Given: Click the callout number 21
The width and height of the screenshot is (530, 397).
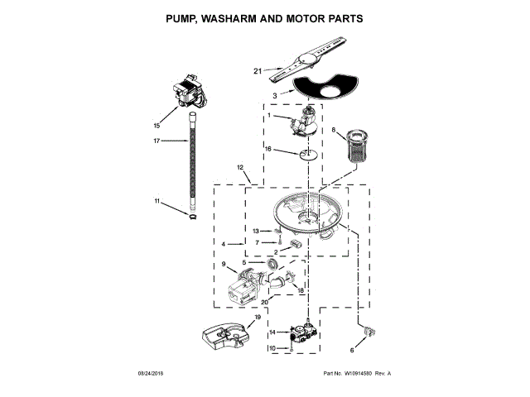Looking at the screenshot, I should (x=258, y=72).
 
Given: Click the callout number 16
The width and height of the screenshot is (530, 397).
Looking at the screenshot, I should (x=268, y=149).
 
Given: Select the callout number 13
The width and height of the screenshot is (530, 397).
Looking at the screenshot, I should (x=256, y=231).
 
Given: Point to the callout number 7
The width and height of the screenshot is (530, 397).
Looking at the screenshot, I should (x=258, y=242).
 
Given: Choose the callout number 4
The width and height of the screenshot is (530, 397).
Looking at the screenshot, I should (x=224, y=245).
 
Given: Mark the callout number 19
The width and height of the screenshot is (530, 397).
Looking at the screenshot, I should (x=258, y=317).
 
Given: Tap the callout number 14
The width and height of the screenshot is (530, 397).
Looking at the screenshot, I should (x=271, y=332).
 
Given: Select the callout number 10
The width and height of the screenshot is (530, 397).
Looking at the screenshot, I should (x=271, y=349).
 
